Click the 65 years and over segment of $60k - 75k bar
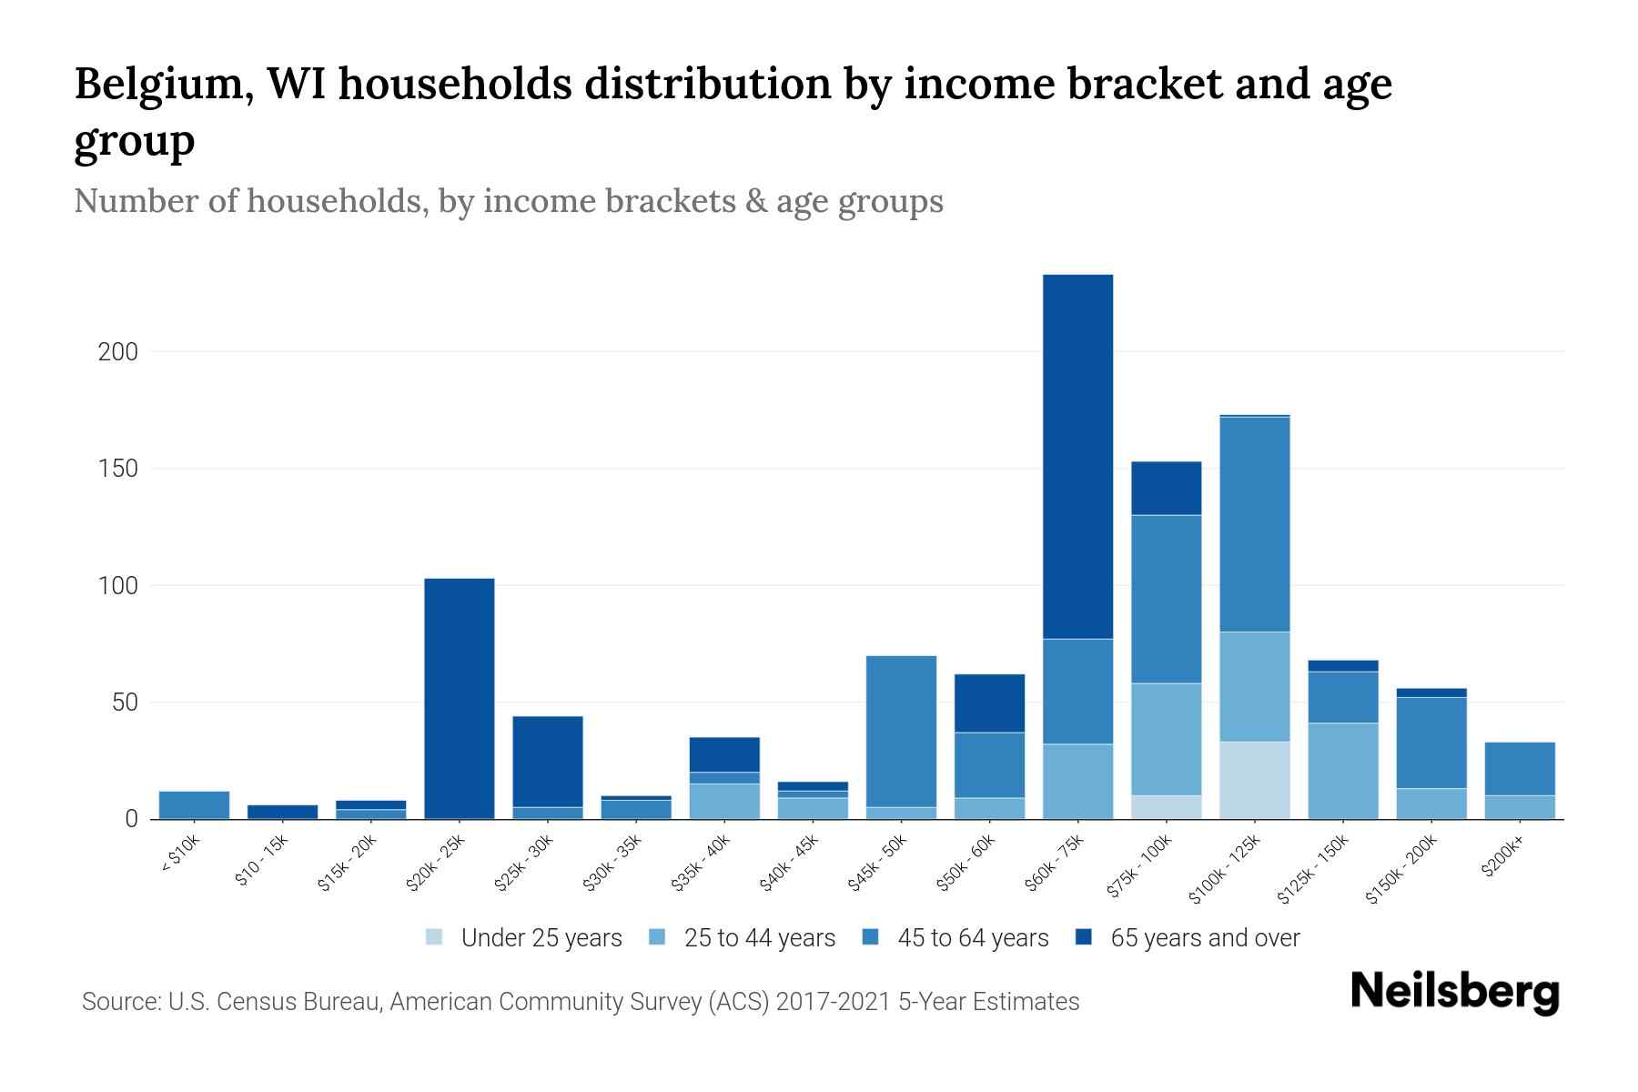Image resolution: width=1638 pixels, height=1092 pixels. (1077, 455)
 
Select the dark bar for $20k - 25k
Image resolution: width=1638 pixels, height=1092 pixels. (460, 698)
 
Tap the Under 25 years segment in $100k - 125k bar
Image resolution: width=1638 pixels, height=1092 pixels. (1254, 780)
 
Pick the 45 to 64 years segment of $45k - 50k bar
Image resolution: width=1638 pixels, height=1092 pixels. (901, 731)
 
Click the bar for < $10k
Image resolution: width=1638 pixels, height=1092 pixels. (194, 805)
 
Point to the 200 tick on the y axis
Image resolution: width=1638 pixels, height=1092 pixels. (117, 352)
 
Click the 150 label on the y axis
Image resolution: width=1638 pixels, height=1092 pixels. (117, 469)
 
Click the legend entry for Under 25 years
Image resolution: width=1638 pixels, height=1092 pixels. (541, 938)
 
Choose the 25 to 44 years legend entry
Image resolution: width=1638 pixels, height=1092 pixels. (759, 938)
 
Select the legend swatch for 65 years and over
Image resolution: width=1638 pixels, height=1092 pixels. (1084, 937)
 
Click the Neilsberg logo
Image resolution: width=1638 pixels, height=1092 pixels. (1454, 992)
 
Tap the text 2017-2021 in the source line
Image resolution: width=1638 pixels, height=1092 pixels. (833, 1002)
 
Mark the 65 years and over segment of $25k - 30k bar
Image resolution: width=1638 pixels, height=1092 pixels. (548, 762)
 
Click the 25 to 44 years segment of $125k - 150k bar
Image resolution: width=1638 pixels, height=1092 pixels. (1342, 771)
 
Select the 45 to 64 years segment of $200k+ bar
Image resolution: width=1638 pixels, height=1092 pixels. (1519, 769)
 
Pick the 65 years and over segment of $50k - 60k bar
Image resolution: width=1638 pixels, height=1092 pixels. (989, 703)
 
